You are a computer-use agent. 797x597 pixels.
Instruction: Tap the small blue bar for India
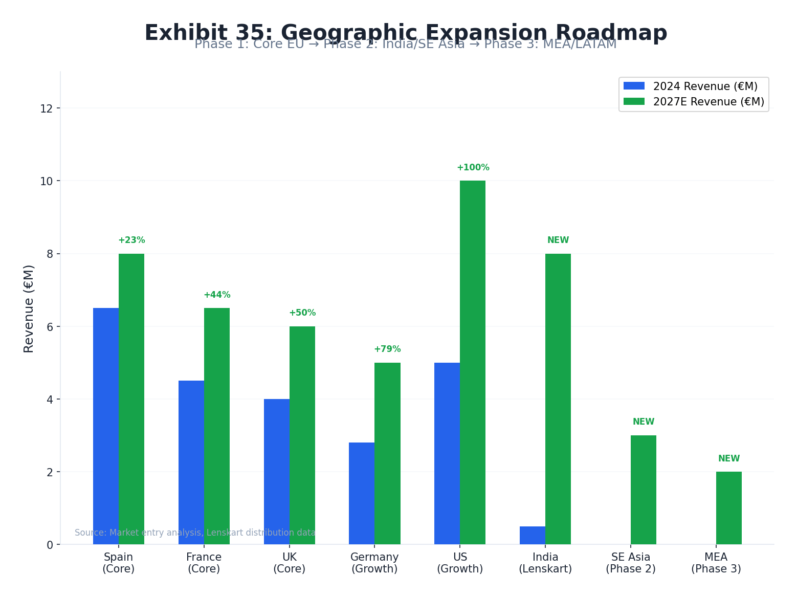pyautogui.click(x=532, y=535)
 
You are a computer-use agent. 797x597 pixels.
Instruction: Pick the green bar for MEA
pyautogui.click(x=728, y=507)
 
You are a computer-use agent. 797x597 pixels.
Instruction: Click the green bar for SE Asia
pyautogui.click(x=643, y=490)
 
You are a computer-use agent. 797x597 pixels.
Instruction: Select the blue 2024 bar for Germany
pyautogui.click(x=362, y=493)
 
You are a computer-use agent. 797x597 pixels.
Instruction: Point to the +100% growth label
pyautogui.click(x=473, y=168)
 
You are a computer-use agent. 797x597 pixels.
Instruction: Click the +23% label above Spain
pyautogui.click(x=131, y=240)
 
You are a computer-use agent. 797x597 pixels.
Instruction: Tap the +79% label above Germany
pyautogui.click(x=387, y=349)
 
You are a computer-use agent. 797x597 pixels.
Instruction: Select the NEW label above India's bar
pyautogui.click(x=558, y=240)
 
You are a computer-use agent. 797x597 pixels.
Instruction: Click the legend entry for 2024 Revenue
pyautogui.click(x=691, y=86)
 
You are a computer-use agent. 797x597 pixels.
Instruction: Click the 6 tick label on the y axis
pyautogui.click(x=50, y=327)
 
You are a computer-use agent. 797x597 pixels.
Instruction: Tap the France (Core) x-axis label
pyautogui.click(x=204, y=563)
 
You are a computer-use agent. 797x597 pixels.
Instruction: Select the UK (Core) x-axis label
pyautogui.click(x=289, y=563)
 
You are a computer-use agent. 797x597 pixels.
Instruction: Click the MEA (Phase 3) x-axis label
pyautogui.click(x=716, y=563)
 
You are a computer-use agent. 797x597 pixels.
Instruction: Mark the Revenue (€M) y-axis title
pyautogui.click(x=29, y=308)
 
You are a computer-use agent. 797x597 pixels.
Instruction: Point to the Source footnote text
pyautogui.click(x=195, y=533)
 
